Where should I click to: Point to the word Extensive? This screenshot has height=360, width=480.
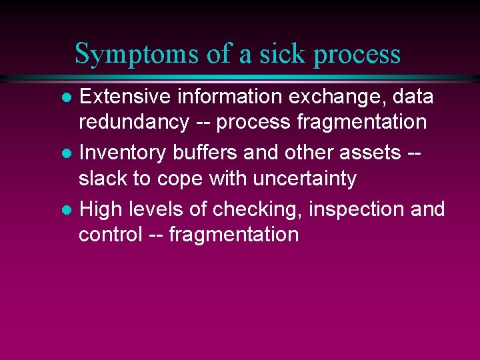pyautogui.click(x=125, y=97)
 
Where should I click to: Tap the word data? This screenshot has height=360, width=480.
pyautogui.click(x=413, y=97)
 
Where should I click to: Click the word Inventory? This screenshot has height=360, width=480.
pyautogui.click(x=123, y=153)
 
